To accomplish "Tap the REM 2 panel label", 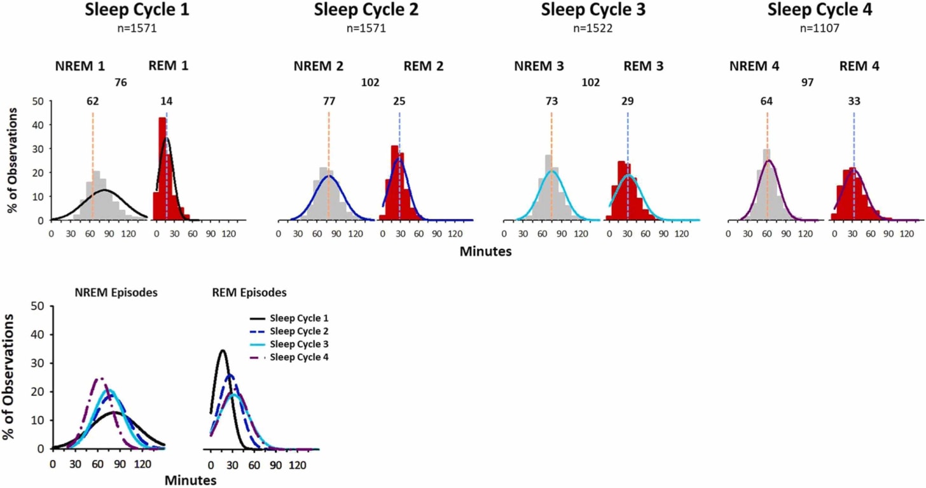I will [x=424, y=66].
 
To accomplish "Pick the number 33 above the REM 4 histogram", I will [x=854, y=101].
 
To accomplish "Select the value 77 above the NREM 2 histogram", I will [x=329, y=101].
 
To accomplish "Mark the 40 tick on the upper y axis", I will [x=38, y=125].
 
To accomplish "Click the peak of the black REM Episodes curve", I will [x=222, y=351].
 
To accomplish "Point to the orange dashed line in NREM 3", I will [x=551, y=165].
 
